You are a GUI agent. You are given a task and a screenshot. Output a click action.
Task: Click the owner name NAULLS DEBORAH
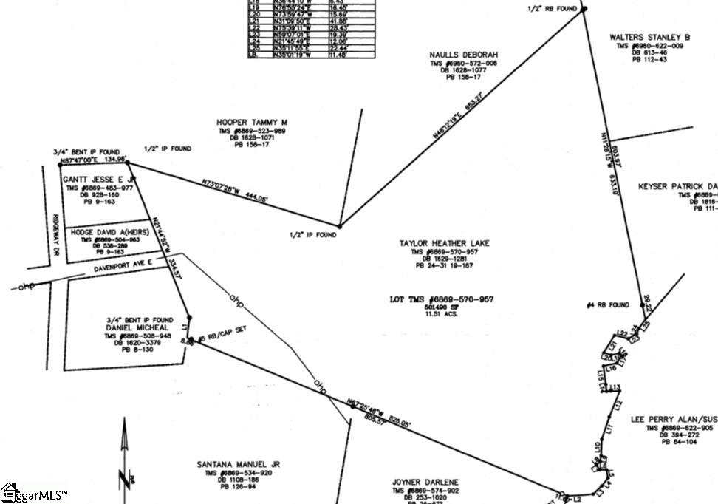tap(464, 55)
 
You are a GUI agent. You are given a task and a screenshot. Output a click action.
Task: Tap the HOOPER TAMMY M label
tap(252, 122)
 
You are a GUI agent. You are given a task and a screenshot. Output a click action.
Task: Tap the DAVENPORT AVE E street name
tap(123, 265)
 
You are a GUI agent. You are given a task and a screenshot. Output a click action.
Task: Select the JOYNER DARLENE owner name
tap(425, 482)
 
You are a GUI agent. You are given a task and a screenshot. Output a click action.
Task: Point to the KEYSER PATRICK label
tap(677, 186)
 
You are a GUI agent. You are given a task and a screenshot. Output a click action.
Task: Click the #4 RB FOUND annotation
tap(607, 304)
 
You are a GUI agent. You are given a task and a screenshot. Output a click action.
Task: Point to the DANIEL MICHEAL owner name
tap(139, 327)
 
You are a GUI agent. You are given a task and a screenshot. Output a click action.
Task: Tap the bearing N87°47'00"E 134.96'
tap(90, 158)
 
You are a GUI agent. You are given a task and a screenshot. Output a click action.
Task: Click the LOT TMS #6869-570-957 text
tap(442, 300)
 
